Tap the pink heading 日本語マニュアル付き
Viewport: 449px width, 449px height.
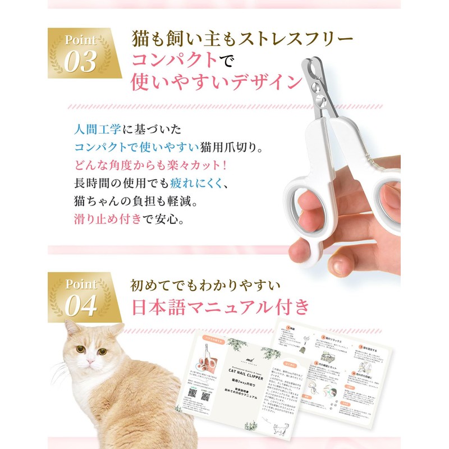coord(220,307)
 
